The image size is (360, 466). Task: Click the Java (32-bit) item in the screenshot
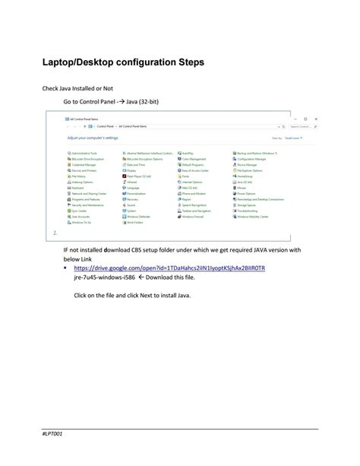[x=245, y=182]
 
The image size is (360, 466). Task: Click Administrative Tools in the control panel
[x=81, y=153]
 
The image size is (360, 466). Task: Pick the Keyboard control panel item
[x=77, y=188]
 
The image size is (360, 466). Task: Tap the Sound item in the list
[x=131, y=205]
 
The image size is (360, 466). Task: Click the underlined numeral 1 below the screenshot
[x=55, y=233]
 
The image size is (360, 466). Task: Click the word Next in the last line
[x=137, y=295]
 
